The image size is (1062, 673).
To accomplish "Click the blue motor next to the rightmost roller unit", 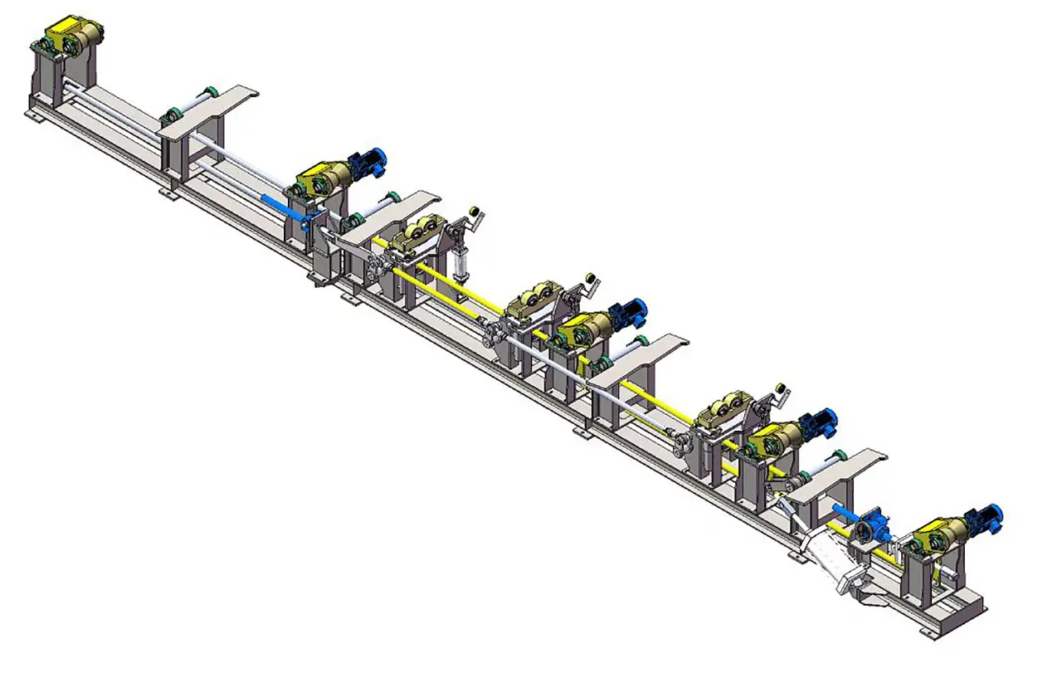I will click(820, 422).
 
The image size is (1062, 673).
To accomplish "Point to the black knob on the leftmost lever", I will click(474, 212).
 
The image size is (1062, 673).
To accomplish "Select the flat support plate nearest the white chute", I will click(838, 473).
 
